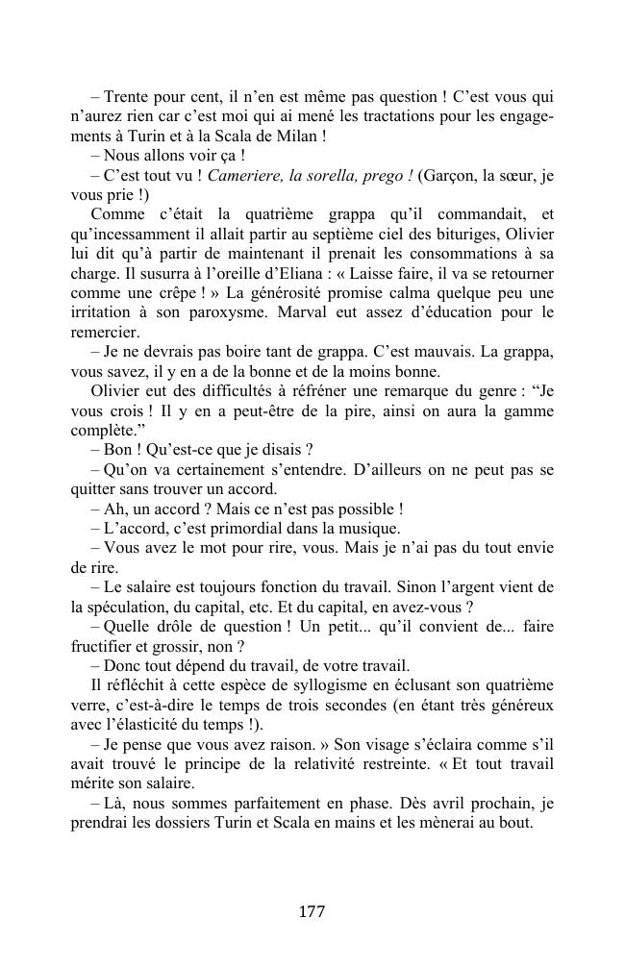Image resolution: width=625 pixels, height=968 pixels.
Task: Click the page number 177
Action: coord(312,912)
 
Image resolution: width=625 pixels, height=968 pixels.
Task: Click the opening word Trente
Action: coord(128,97)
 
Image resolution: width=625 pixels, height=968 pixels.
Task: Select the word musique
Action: coord(369,528)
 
